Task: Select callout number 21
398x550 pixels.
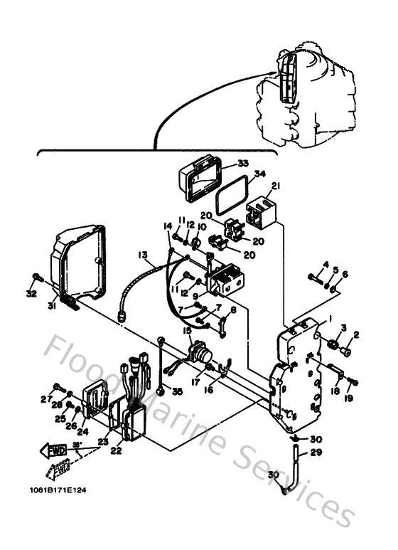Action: tap(276, 186)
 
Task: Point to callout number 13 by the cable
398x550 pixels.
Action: tap(143, 254)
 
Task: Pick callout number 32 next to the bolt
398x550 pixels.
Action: tap(31, 292)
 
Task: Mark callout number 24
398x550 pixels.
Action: tap(82, 430)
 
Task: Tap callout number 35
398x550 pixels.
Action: tap(177, 391)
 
